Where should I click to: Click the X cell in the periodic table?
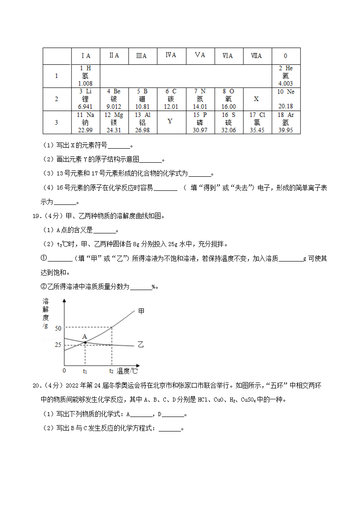(257, 99)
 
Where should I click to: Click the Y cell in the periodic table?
(170, 121)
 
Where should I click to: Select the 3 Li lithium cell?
(85, 99)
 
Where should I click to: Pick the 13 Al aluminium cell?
(142, 122)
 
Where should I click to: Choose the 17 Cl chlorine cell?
(257, 122)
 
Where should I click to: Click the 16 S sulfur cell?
(229, 122)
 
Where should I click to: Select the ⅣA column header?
(170, 55)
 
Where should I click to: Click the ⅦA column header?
(257, 56)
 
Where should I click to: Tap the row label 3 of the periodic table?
(56, 122)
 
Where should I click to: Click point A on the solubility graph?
(85, 342)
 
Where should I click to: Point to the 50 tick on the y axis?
(58, 328)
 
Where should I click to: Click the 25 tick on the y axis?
(58, 345)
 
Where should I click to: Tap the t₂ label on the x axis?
(112, 371)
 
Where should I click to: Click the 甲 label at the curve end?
(141, 311)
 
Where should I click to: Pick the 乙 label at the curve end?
(141, 345)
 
